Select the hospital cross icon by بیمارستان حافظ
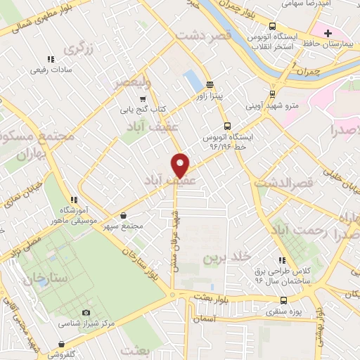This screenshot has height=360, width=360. (328, 32)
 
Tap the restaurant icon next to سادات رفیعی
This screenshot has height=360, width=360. (50, 59)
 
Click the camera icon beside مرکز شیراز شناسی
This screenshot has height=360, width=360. (86, 312)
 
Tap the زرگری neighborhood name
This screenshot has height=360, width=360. (79, 49)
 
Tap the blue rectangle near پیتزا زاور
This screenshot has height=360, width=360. (191, 80)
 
